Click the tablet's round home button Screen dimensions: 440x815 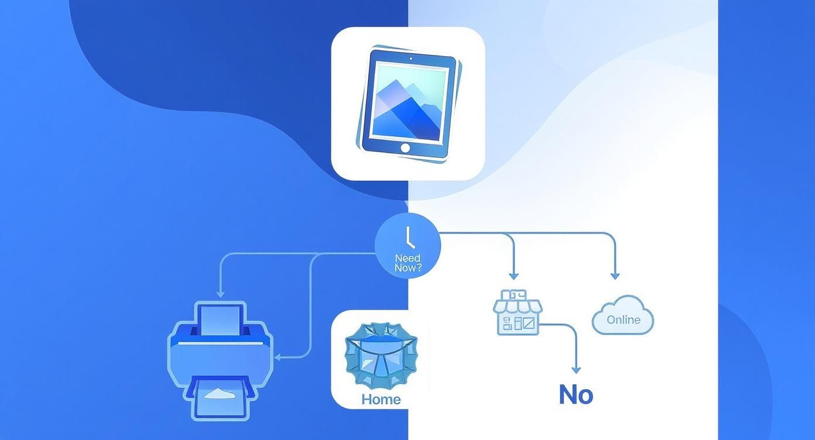(x=405, y=148)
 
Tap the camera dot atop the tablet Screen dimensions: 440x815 (x=410, y=59)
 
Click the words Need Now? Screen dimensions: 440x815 (x=408, y=263)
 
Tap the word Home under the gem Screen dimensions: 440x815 (x=381, y=400)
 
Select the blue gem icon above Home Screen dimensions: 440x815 (x=381, y=355)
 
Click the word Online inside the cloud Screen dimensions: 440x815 (x=623, y=319)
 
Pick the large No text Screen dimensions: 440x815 (x=576, y=395)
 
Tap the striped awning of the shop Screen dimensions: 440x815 (x=517, y=305)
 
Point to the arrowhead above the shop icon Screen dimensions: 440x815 (x=513, y=275)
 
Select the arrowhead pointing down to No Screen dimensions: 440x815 (x=576, y=370)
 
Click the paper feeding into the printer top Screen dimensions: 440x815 (x=221, y=319)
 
